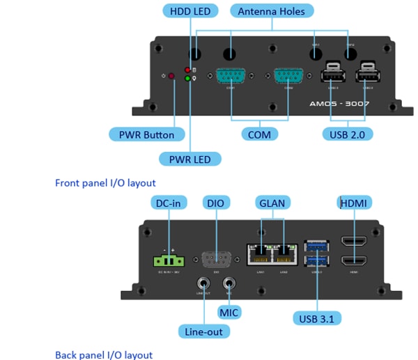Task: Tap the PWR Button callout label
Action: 146,134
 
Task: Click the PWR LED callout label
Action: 189,159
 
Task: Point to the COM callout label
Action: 259,134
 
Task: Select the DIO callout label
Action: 215,203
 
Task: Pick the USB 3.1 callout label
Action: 317,319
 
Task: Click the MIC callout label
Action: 229,312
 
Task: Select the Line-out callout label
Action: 203,331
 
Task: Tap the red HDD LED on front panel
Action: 187,70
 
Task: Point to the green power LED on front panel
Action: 187,79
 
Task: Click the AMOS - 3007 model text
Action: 339,103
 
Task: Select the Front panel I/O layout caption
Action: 105,183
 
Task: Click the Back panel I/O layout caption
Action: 104,354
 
